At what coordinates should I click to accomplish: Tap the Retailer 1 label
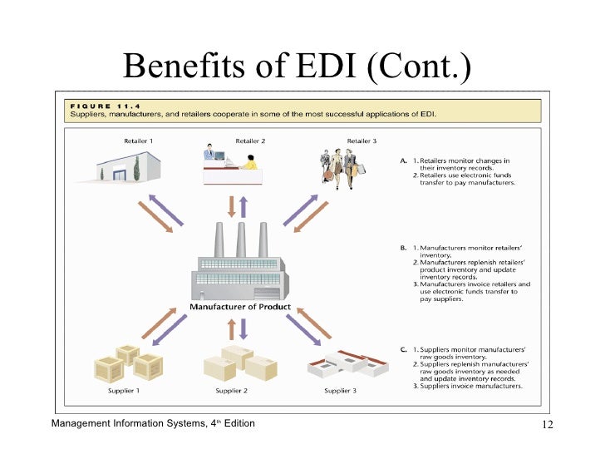coord(140,141)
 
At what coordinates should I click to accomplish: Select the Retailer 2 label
coord(250,141)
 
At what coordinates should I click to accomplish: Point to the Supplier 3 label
coord(340,391)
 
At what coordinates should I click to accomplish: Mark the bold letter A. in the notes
coord(403,160)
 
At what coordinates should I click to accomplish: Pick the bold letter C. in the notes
coord(403,349)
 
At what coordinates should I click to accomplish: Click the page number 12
coord(547,427)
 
